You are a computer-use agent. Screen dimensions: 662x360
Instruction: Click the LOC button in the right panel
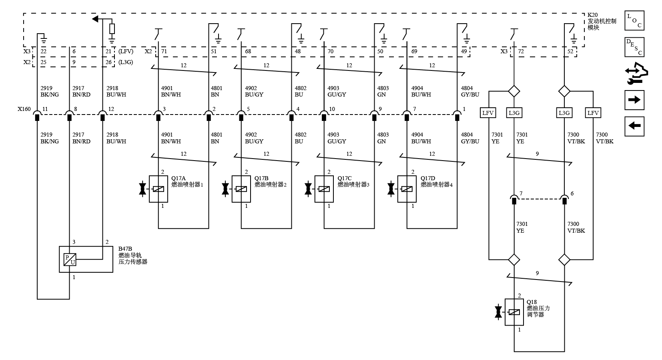pyautogui.click(x=634, y=20)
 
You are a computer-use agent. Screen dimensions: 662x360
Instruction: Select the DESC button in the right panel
pyautogui.click(x=634, y=47)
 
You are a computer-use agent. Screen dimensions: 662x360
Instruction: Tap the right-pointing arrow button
pyautogui.click(x=634, y=100)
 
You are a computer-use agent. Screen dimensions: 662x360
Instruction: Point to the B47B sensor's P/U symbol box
pyautogui.click(x=70, y=259)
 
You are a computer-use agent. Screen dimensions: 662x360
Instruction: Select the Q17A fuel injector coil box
pyautogui.click(x=158, y=189)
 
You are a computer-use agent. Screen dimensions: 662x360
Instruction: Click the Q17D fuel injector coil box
pyautogui.click(x=407, y=189)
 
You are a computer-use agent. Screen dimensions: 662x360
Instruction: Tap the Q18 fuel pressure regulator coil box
pyautogui.click(x=514, y=312)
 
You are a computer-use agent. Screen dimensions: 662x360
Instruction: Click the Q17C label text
pyautogui.click(x=345, y=178)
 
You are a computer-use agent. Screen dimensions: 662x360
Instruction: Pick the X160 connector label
pyautogui.click(x=24, y=109)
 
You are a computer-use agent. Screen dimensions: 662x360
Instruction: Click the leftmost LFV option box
pyautogui.click(x=487, y=113)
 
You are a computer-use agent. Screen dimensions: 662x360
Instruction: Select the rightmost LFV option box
pyautogui.click(x=593, y=113)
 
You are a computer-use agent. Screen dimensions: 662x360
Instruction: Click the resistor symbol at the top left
pyautogui.click(x=112, y=29)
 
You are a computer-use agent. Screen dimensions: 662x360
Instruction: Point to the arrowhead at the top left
pyautogui.click(x=95, y=19)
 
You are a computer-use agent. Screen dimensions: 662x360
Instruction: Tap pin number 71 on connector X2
pyautogui.click(x=164, y=51)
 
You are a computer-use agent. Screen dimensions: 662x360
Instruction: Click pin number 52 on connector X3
pyautogui.click(x=570, y=51)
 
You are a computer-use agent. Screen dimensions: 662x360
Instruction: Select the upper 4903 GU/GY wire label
pyautogui.click(x=337, y=91)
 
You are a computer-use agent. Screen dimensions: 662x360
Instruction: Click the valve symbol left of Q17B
pyautogui.click(x=225, y=189)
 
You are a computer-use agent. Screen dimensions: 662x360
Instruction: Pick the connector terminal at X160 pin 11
pyautogui.click(x=37, y=116)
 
